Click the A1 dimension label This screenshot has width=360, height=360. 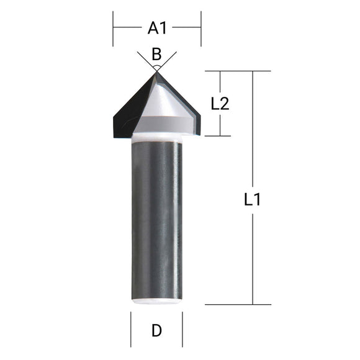pyautogui.click(x=157, y=28)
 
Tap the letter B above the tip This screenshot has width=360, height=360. pyautogui.click(x=156, y=54)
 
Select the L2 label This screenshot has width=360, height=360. pyautogui.click(x=220, y=104)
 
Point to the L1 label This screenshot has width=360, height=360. pyautogui.click(x=252, y=200)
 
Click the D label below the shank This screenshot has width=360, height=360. pyautogui.click(x=156, y=331)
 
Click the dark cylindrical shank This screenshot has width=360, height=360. pyautogui.click(x=156, y=217)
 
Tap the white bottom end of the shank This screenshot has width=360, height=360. pyautogui.click(x=156, y=301)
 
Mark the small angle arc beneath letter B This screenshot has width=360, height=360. pyautogui.click(x=156, y=65)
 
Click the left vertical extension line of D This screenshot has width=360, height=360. pyautogui.click(x=131, y=329)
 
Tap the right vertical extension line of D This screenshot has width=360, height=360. pyautogui.click(x=182, y=329)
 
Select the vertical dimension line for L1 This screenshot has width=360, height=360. pyautogui.click(x=253, y=261)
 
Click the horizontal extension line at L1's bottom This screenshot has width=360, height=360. pyautogui.click(x=236, y=304)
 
